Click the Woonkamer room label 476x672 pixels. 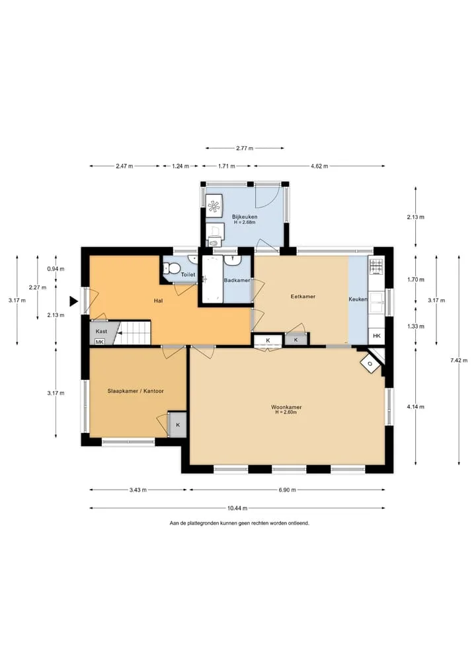[286, 407]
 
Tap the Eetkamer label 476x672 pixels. [303, 296]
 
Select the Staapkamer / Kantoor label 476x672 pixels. [136, 391]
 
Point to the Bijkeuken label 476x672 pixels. [245, 217]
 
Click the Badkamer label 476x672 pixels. [237, 280]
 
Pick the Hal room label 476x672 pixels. [158, 301]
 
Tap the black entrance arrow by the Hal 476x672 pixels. [74, 302]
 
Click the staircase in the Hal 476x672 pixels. [134, 332]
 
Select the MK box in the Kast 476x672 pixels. [99, 342]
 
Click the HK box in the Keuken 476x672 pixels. [377, 336]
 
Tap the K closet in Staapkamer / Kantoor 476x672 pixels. [178, 425]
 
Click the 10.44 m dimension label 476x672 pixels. [237, 508]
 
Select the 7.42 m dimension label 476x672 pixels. [458, 360]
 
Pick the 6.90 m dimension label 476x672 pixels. [287, 490]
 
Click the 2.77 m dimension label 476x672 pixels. [245, 148]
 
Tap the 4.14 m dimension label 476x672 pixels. [416, 407]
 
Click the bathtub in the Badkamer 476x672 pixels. [212, 280]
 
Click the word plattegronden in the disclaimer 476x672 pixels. [204, 523]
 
